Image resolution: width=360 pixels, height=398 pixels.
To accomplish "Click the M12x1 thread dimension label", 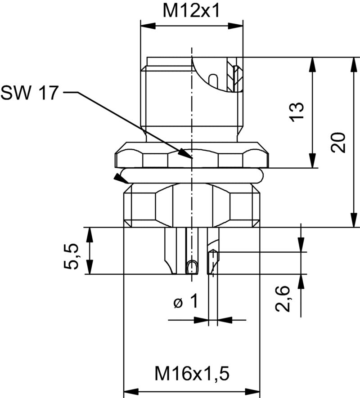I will (191, 11).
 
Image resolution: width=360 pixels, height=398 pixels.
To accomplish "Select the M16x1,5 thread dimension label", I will (192, 373).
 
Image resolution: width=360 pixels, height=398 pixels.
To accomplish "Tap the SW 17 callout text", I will (29, 93).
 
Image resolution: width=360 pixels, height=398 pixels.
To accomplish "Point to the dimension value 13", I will (297, 112).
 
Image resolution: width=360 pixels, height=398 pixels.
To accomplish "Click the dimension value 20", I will (337, 143).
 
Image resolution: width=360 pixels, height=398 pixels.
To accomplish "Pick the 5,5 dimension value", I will (72, 256).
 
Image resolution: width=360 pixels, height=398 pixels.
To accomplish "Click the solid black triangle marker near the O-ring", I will (120, 178).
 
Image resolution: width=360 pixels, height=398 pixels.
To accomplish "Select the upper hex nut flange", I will (191, 155).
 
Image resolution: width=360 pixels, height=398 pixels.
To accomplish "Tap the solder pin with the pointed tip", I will (212, 261).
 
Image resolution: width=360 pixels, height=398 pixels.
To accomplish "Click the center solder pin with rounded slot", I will (192, 265).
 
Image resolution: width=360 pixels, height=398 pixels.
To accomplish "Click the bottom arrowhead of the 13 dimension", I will (311, 164).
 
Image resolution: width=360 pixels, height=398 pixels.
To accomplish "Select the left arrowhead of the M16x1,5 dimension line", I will (128, 391).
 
